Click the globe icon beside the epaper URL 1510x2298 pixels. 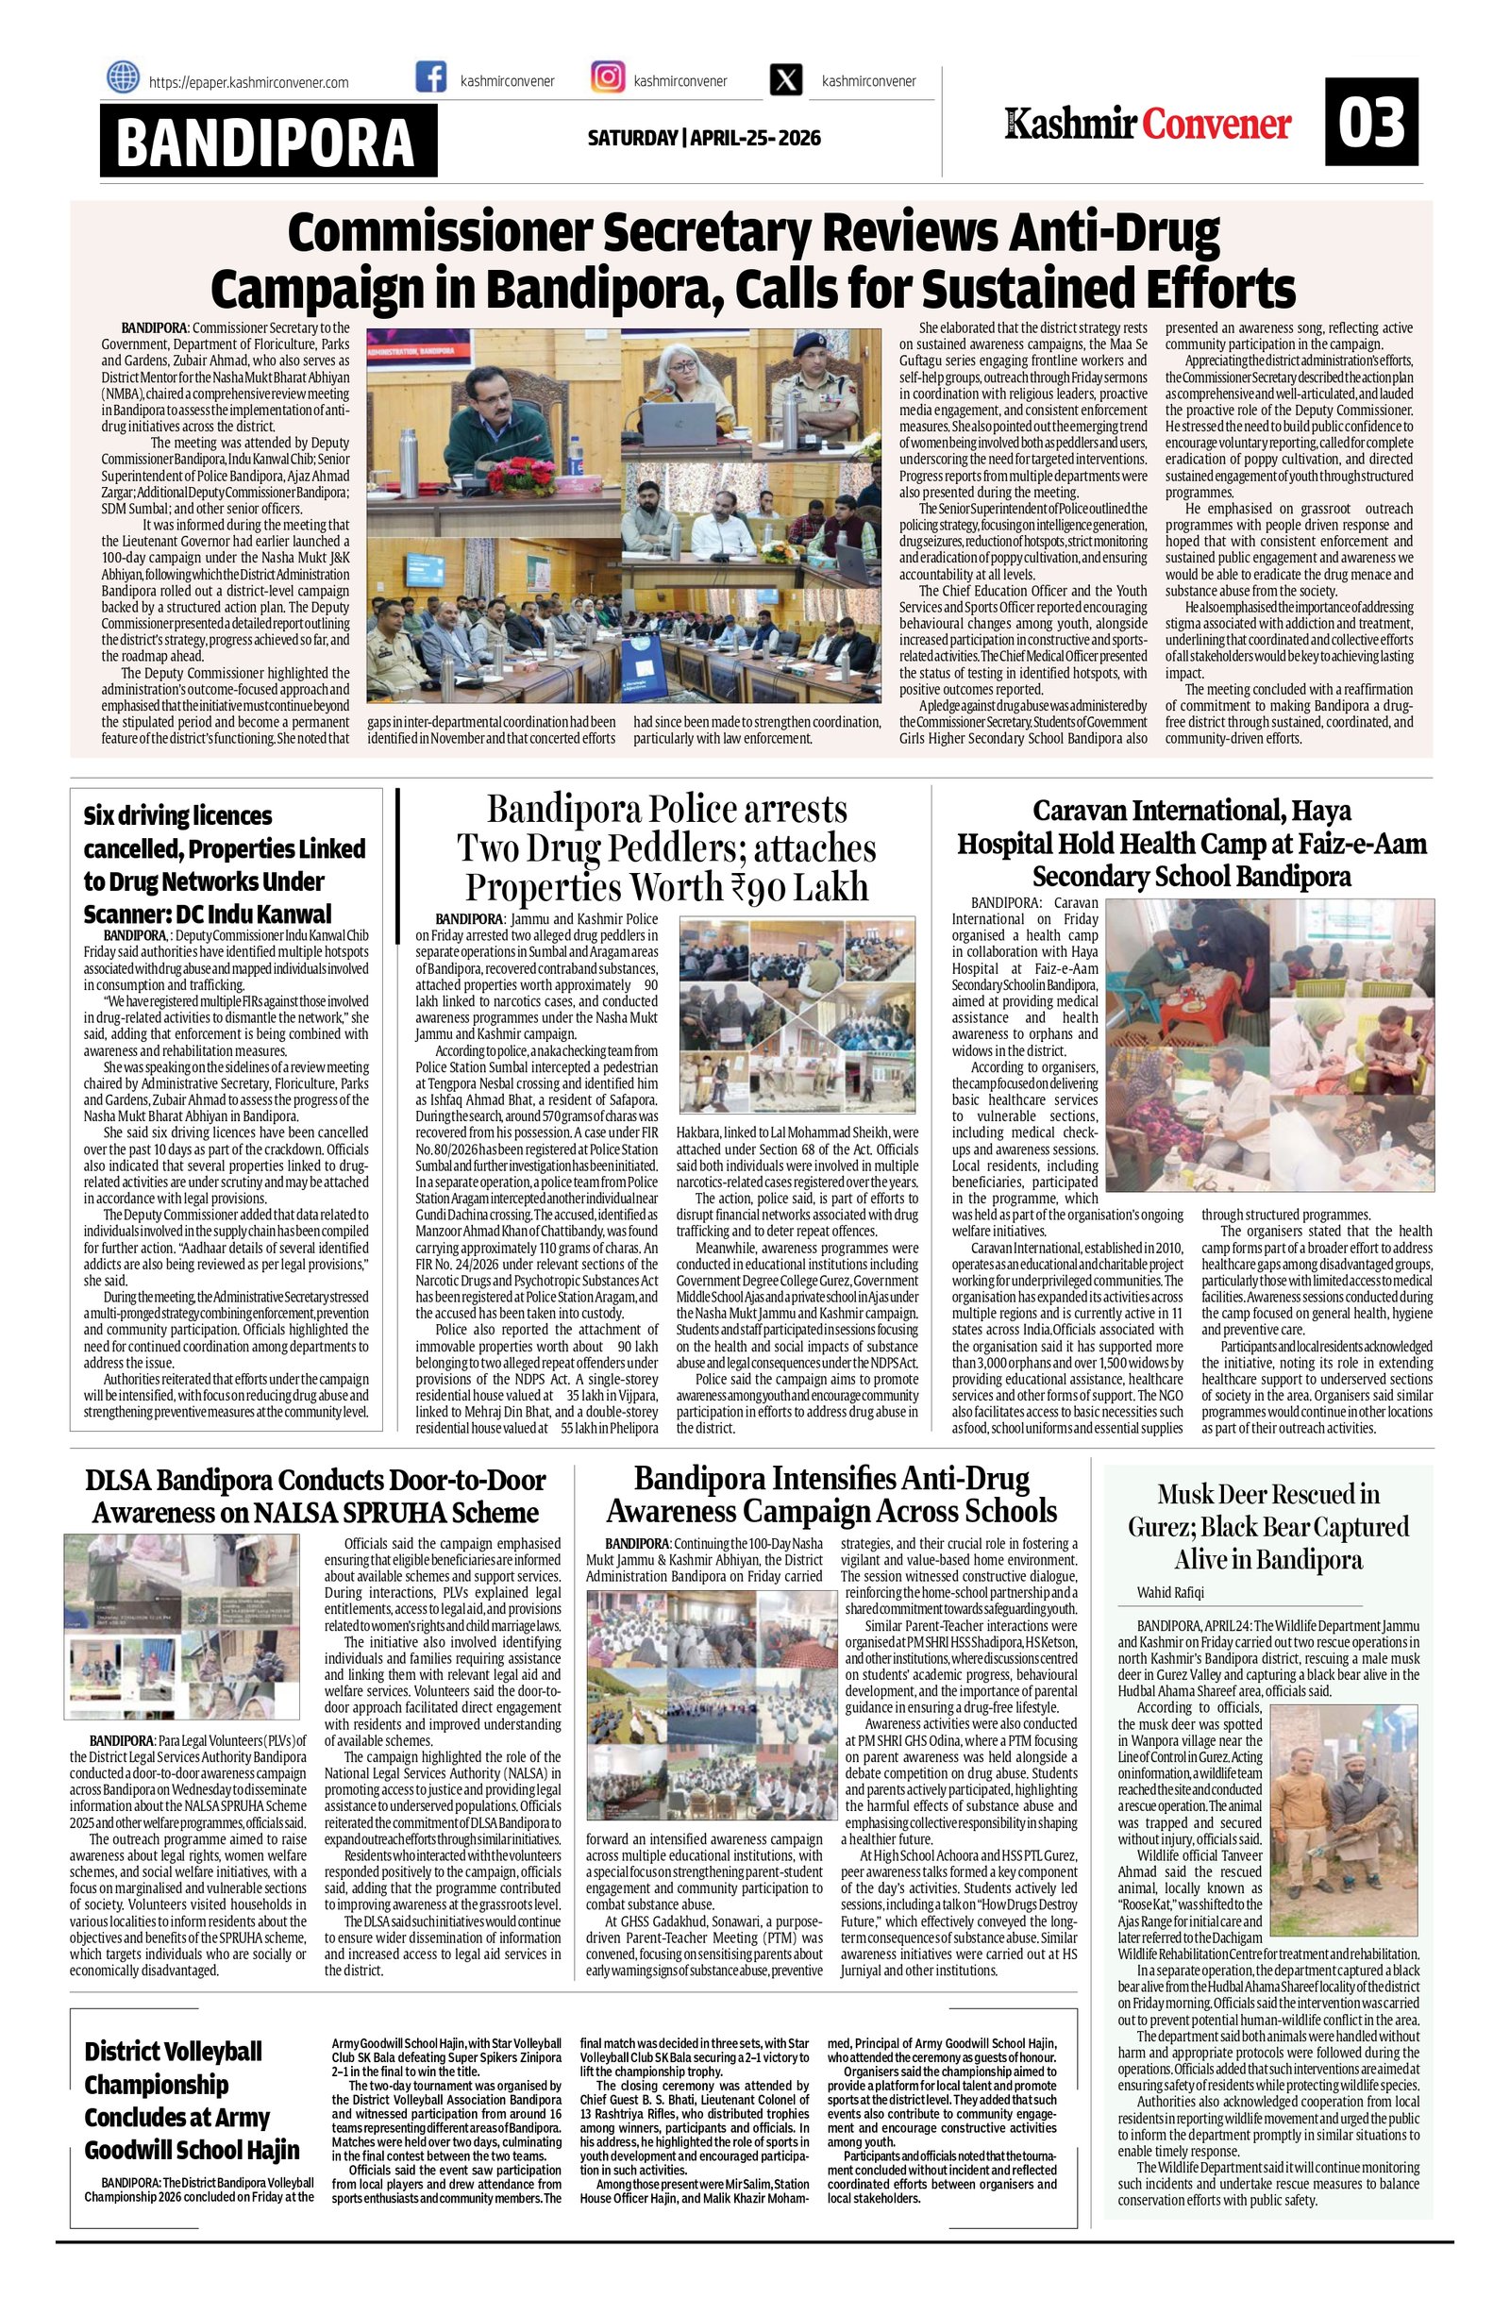click(x=123, y=76)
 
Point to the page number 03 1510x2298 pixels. click(x=1371, y=123)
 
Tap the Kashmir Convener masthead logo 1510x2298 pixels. click(x=1148, y=124)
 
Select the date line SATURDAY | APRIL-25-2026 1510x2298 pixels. click(x=704, y=138)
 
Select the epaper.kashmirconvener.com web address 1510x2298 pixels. click(x=248, y=83)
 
